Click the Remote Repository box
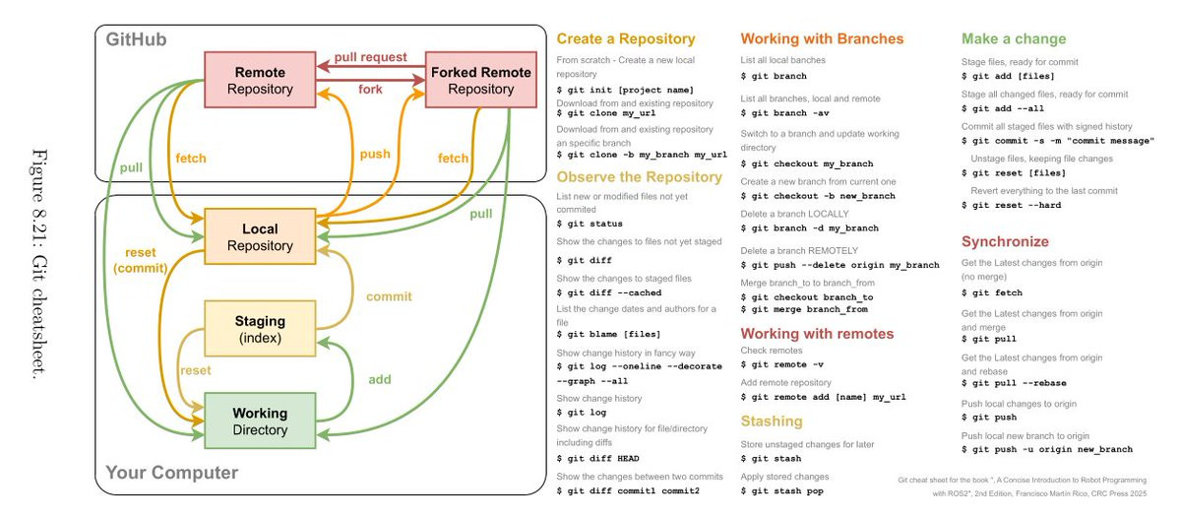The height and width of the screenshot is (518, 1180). [260, 81]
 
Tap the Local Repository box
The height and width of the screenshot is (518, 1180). [260, 237]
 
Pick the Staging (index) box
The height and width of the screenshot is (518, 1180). [260, 329]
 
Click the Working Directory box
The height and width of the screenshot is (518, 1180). [260, 421]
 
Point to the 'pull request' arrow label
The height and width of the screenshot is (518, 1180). [370, 57]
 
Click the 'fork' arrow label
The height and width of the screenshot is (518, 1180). [370, 90]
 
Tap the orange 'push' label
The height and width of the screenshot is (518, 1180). [374, 155]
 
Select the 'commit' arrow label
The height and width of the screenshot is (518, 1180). [389, 295]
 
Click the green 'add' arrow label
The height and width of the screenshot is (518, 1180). [379, 378]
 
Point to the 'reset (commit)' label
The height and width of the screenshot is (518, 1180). [137, 260]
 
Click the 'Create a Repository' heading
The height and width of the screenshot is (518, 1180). [625, 39]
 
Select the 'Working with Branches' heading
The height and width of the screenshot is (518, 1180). [821, 39]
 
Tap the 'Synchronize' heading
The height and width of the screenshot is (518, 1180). [1005, 241]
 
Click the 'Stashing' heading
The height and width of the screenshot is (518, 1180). [772, 421]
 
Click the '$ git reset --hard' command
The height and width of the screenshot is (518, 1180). [1011, 205]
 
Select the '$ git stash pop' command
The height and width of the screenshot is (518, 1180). [781, 490]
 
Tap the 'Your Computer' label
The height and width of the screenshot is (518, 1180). [171, 473]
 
